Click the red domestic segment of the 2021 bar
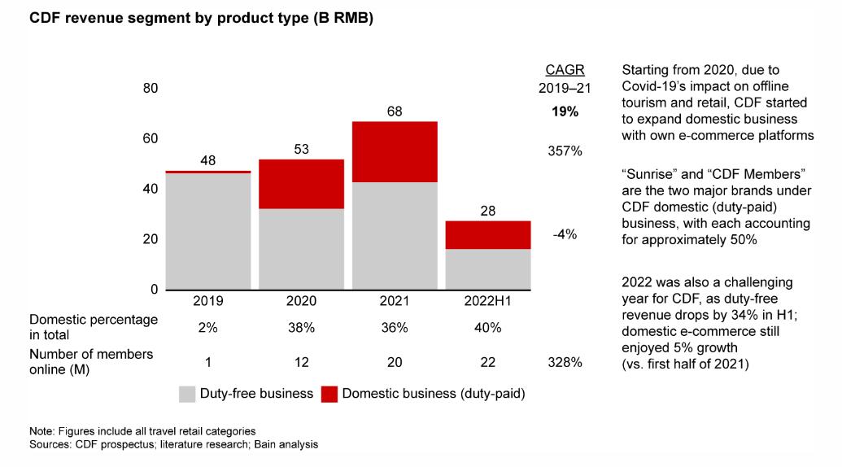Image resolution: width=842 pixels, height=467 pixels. coord(395,151)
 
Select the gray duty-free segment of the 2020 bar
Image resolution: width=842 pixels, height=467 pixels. coord(301,248)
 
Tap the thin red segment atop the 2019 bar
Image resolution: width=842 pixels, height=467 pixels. coord(207,172)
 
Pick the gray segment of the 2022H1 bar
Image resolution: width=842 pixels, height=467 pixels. coord(488,268)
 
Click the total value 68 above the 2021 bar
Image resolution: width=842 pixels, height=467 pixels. coord(395,111)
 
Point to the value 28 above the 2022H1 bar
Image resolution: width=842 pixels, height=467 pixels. coord(488,211)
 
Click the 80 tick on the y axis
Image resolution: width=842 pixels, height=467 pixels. coord(151,88)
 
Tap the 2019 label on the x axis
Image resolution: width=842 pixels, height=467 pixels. coord(207,301)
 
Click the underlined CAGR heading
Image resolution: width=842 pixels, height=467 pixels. coord(564,70)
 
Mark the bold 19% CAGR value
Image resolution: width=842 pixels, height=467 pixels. coord(564,111)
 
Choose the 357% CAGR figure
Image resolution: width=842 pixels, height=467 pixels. coord(564,151)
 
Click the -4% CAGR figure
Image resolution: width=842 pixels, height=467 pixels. coord(564,234)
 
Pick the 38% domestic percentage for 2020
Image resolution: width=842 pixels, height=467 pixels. coord(301,328)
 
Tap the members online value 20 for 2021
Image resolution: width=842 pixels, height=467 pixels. coord(395,362)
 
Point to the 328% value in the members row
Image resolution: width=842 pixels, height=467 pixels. coord(564,362)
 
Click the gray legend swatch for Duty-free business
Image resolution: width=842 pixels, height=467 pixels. coord(187,395)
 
